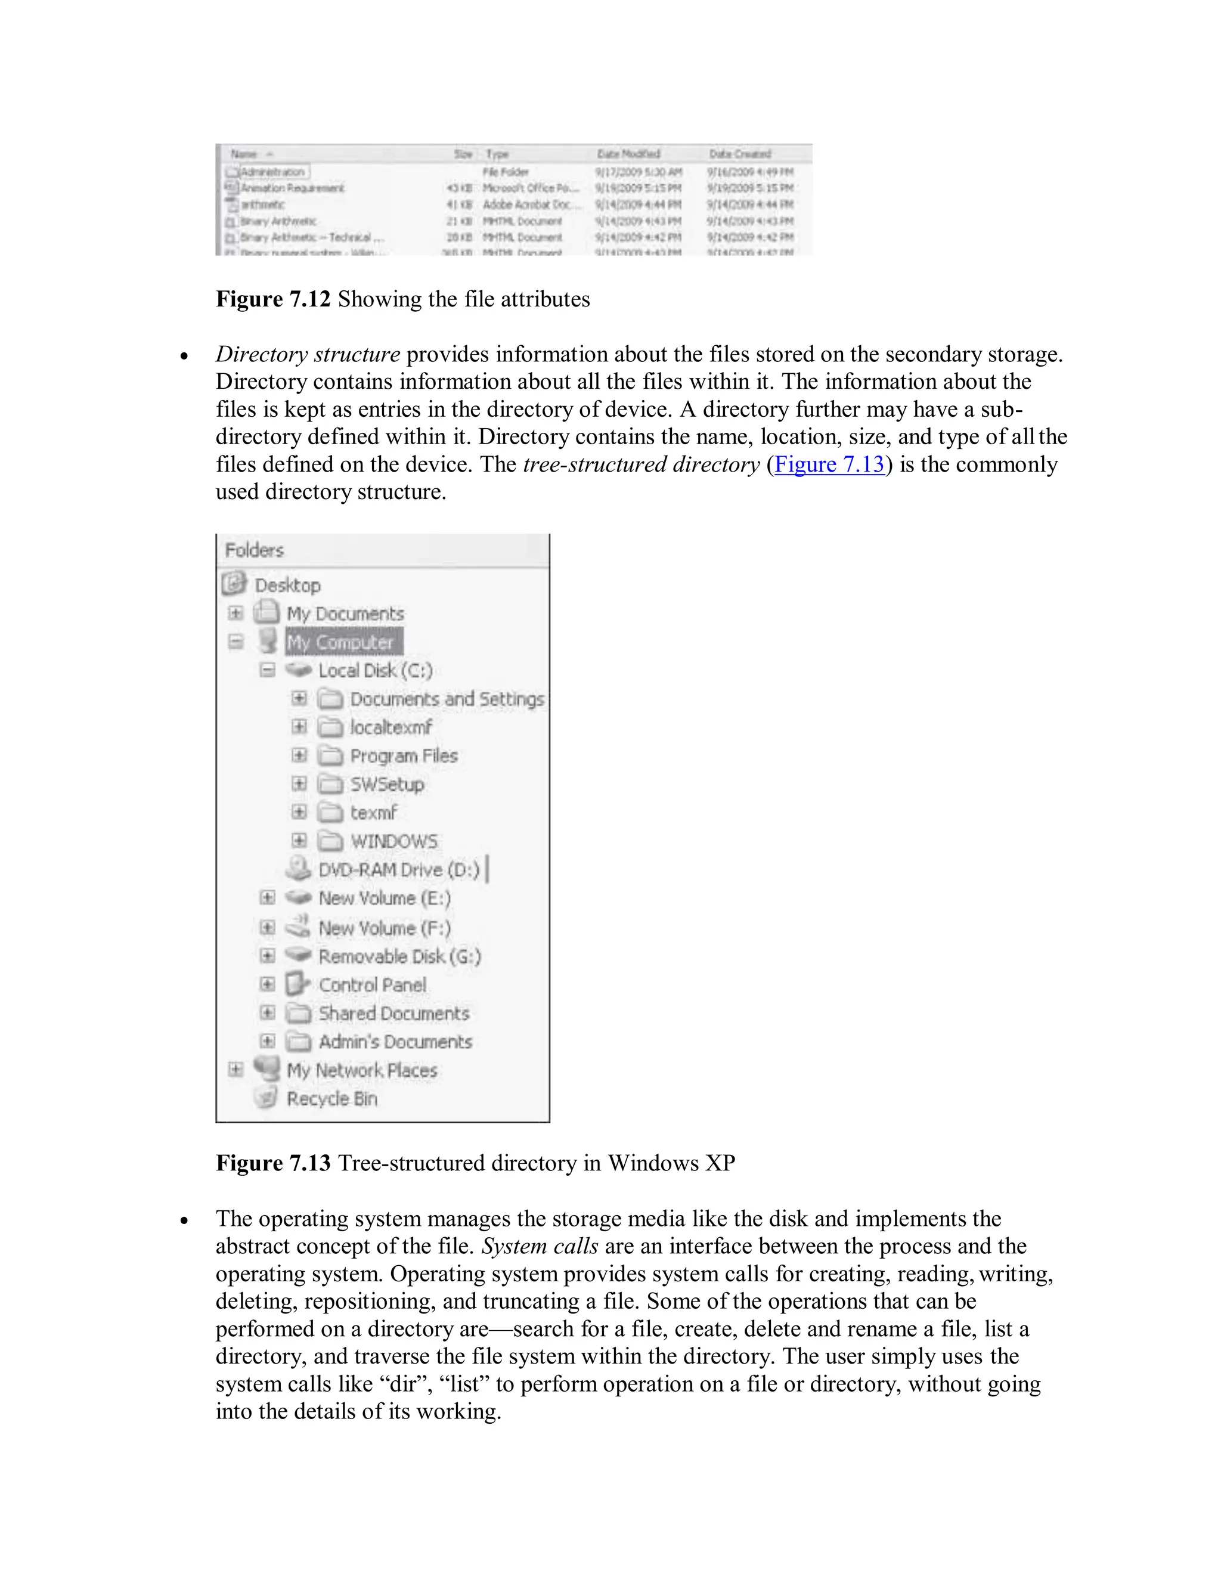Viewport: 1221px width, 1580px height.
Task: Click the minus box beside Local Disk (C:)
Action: (x=268, y=670)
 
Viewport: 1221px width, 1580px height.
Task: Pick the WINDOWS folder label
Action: (x=394, y=841)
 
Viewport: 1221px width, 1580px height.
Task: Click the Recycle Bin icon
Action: (x=266, y=1098)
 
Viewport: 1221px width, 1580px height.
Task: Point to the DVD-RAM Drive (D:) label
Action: (x=399, y=869)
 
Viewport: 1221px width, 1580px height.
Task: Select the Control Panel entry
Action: (x=372, y=984)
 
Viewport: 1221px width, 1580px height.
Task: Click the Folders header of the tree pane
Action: (x=255, y=550)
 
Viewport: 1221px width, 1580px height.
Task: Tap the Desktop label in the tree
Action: (x=287, y=584)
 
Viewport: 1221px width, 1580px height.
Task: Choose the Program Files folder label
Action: (x=404, y=756)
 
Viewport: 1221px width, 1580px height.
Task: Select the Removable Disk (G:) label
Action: (x=399, y=956)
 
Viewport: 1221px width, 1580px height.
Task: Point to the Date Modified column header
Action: (x=628, y=154)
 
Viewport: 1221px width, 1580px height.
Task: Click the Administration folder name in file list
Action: (x=272, y=172)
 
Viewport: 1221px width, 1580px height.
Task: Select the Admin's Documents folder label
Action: (x=395, y=1042)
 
